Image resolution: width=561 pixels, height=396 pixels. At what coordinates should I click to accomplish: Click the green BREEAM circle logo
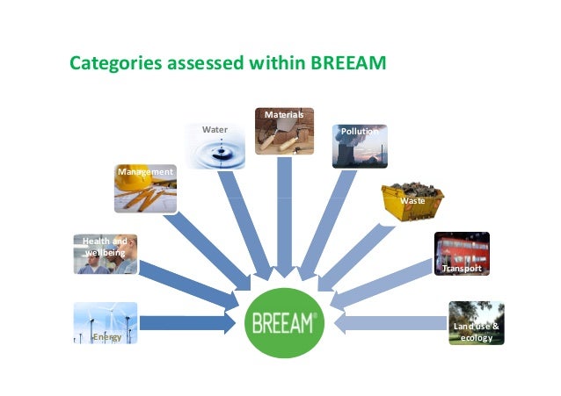coord(284,323)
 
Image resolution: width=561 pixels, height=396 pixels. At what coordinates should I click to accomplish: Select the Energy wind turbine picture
coord(106,323)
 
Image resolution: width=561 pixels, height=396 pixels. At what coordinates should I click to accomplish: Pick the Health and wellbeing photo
coord(106,254)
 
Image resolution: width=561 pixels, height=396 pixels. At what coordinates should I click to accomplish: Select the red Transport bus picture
coord(461,255)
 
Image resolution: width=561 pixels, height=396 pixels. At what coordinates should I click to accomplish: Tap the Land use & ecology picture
coord(476,323)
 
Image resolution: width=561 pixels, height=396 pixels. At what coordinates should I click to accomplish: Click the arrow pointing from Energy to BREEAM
coord(189,323)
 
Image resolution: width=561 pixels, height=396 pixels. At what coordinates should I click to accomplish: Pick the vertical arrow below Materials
coord(284,220)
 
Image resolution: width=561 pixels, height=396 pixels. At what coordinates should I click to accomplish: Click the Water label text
coord(215,130)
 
